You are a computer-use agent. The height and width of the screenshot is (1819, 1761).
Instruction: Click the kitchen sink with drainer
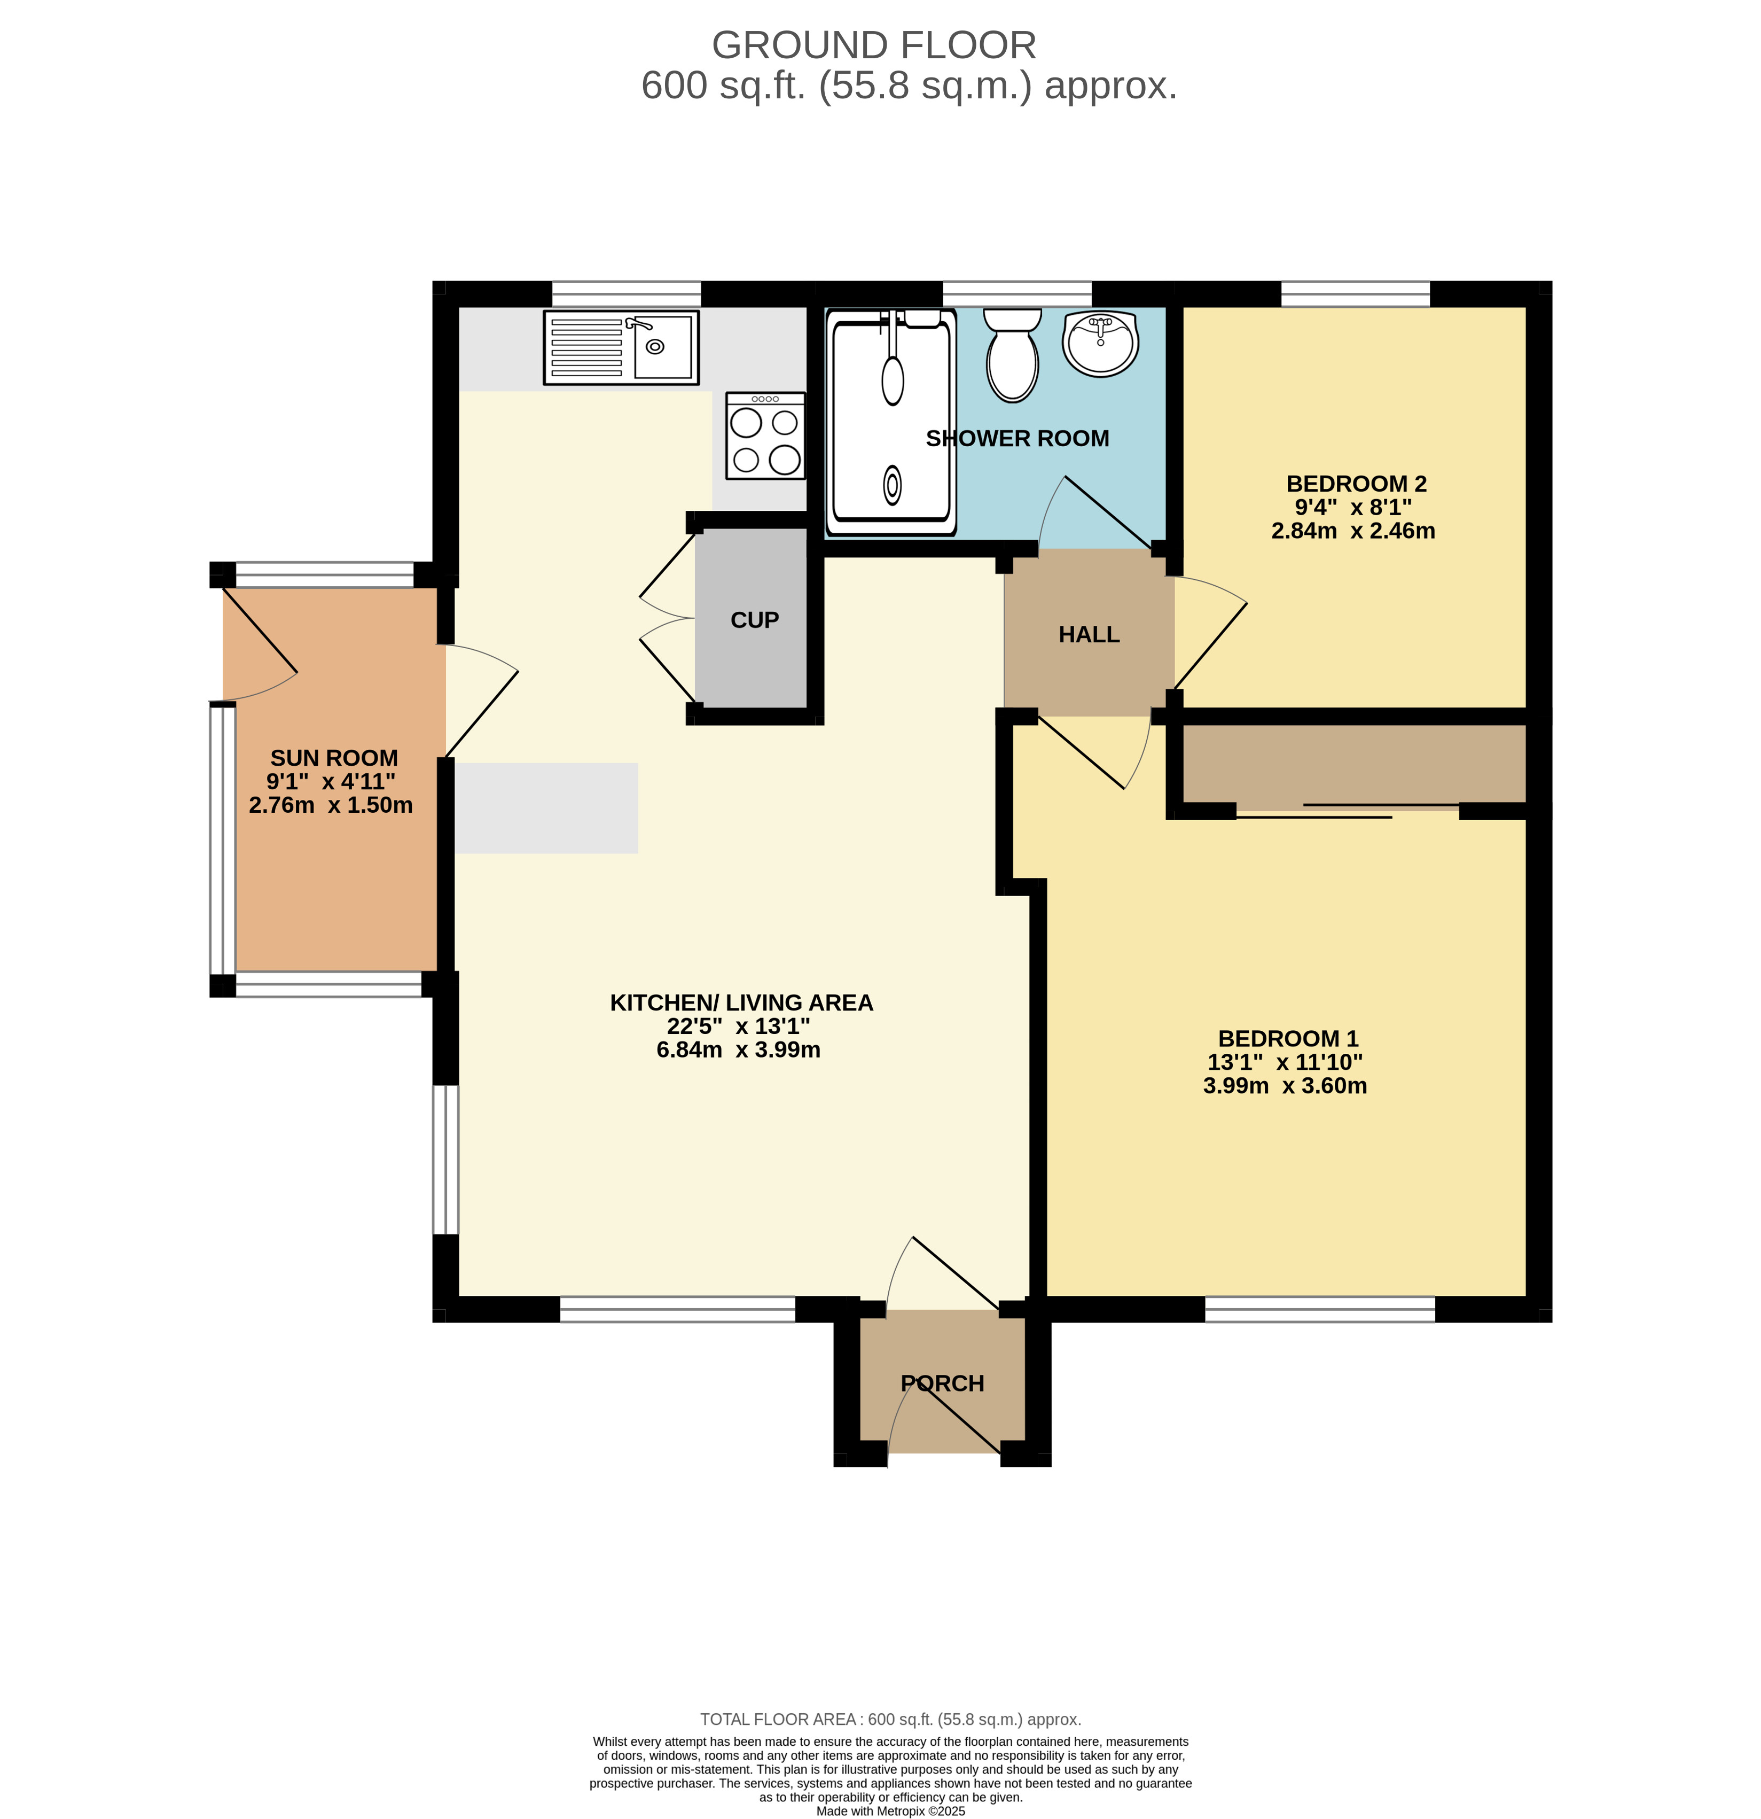pyautogui.click(x=621, y=347)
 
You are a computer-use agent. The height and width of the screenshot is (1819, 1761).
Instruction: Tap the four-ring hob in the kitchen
pyautogui.click(x=765, y=436)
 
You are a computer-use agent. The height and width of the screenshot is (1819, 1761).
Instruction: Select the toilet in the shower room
pyautogui.click(x=1012, y=355)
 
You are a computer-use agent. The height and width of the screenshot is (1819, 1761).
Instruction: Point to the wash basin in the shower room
pyautogui.click(x=1100, y=344)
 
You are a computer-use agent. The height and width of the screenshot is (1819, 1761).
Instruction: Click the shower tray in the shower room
pyautogui.click(x=891, y=422)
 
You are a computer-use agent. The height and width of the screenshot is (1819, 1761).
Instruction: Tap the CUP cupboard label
pyautogui.click(x=754, y=620)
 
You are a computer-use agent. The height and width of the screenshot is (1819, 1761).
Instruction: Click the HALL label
pyautogui.click(x=1089, y=635)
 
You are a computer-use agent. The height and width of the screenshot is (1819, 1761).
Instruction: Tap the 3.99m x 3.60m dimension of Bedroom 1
pyautogui.click(x=1285, y=1086)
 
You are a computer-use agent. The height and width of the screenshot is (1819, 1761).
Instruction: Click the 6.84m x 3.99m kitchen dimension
pyautogui.click(x=739, y=1050)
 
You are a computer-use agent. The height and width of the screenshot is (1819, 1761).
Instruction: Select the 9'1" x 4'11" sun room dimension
pyautogui.click(x=331, y=781)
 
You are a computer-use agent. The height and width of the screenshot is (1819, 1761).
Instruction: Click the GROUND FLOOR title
pyautogui.click(x=874, y=44)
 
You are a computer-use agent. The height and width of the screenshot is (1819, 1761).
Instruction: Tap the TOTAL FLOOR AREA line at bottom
pyautogui.click(x=891, y=1720)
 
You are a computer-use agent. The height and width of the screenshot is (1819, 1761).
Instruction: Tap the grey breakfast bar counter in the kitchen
pyautogui.click(x=545, y=807)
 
